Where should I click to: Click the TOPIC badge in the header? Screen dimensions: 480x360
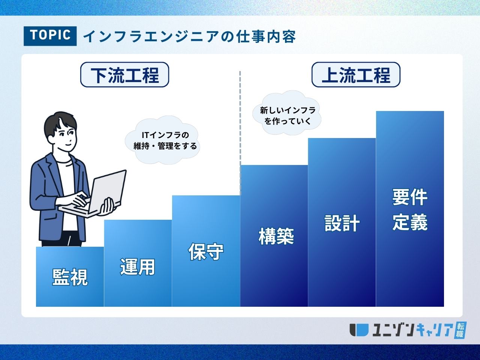(x=50, y=36)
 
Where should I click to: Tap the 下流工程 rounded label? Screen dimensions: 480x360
(x=124, y=75)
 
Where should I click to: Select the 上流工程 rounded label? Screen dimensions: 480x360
(x=356, y=75)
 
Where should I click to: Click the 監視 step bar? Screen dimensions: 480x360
(x=70, y=277)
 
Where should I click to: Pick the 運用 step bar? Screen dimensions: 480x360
(x=138, y=263)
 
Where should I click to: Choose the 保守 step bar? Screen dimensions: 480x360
(x=206, y=251)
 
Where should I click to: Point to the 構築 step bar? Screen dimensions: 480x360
(x=274, y=236)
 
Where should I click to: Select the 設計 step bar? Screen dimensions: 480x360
(x=342, y=222)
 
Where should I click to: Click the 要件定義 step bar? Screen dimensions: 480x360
(x=410, y=209)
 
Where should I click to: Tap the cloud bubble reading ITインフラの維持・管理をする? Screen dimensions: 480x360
(x=162, y=140)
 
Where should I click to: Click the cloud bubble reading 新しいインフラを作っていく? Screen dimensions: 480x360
(x=287, y=113)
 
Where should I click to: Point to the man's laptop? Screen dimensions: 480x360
(x=96, y=193)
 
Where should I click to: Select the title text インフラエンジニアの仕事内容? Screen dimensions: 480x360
(x=189, y=36)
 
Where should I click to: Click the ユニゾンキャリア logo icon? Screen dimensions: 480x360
(x=359, y=330)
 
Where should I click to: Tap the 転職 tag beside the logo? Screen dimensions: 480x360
(x=460, y=330)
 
